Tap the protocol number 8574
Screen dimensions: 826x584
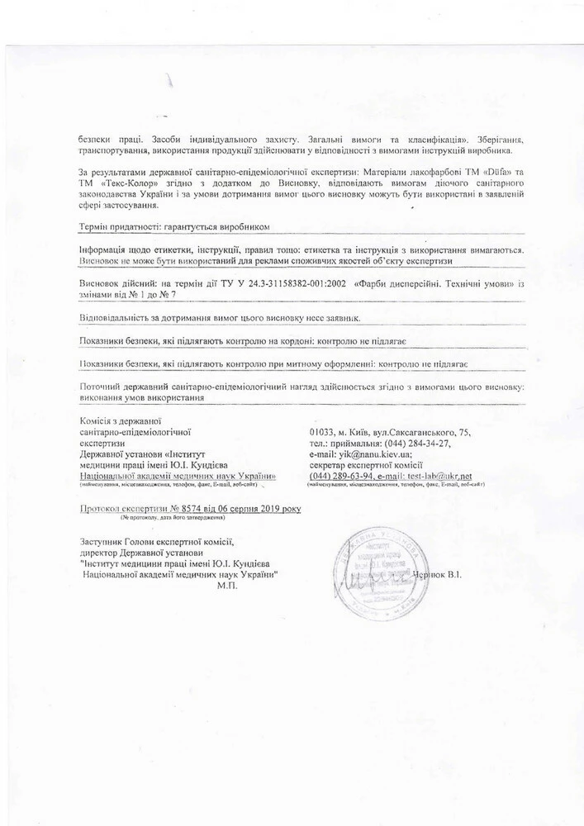(x=192, y=509)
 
